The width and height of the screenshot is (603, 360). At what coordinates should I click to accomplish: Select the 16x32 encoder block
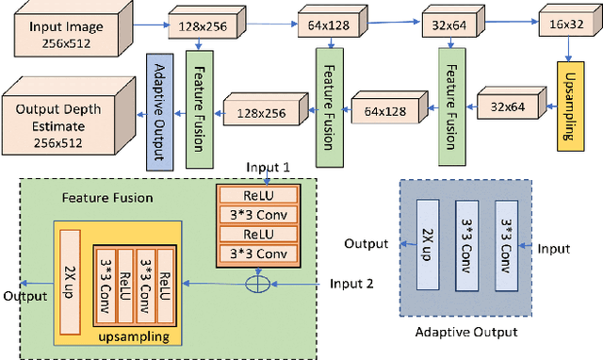click(566, 28)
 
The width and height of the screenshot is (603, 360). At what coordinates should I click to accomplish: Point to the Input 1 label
click(269, 167)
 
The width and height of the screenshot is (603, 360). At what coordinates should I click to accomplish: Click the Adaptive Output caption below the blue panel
click(467, 332)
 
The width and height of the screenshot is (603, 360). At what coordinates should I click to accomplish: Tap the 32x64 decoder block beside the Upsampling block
click(506, 107)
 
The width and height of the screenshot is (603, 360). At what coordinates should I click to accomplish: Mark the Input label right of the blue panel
click(553, 249)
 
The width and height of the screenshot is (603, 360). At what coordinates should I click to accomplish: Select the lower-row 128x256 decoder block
click(261, 112)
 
